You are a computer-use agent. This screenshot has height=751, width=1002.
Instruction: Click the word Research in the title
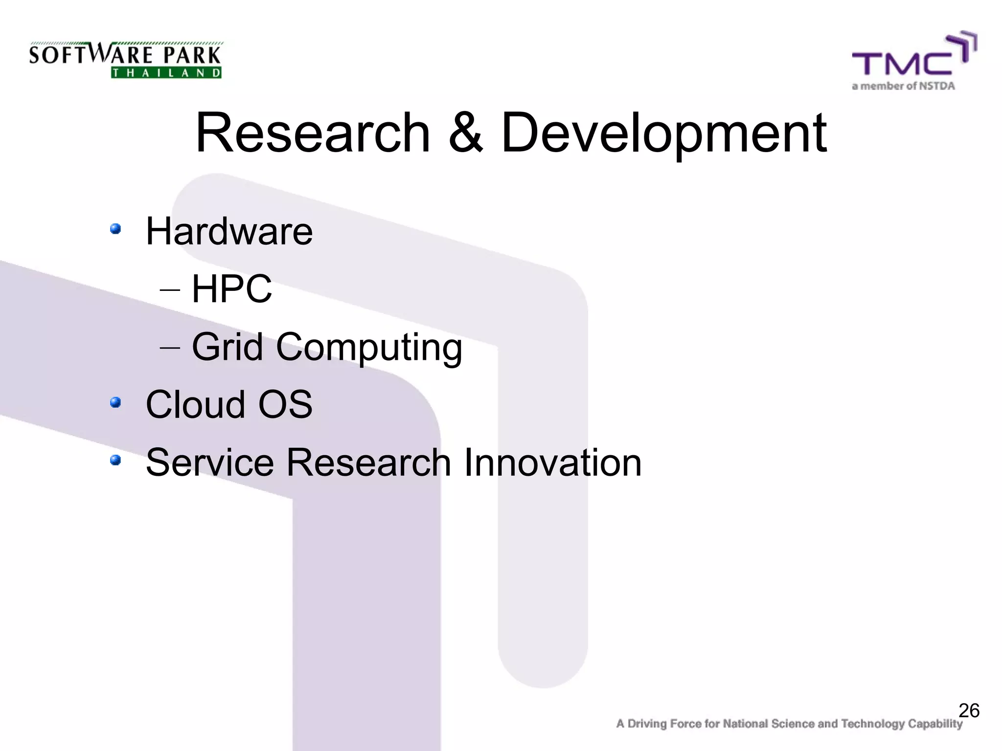pos(312,133)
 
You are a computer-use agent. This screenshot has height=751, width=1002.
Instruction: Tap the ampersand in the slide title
pos(465,133)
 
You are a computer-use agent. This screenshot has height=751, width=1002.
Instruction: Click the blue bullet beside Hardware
pos(115,229)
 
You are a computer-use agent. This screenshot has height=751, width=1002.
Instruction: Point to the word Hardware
pos(229,231)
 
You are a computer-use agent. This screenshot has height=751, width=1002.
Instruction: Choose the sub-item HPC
pos(231,289)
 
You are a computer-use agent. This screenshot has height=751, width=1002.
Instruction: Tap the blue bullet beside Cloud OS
pos(115,402)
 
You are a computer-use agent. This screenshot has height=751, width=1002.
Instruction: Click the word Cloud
pos(195,405)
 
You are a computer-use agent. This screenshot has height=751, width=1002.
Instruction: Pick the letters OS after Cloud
pos(285,405)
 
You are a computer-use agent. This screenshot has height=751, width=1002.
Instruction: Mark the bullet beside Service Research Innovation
pos(115,460)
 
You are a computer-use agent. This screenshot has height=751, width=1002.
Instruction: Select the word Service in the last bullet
pos(209,463)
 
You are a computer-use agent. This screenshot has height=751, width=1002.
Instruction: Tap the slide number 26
pos(969,710)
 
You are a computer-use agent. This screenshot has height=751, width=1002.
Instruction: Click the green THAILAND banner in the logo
pos(166,73)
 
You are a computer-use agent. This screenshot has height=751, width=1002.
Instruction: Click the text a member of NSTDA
pos(903,86)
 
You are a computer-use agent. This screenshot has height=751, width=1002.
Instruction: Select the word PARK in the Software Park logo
pos(192,55)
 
